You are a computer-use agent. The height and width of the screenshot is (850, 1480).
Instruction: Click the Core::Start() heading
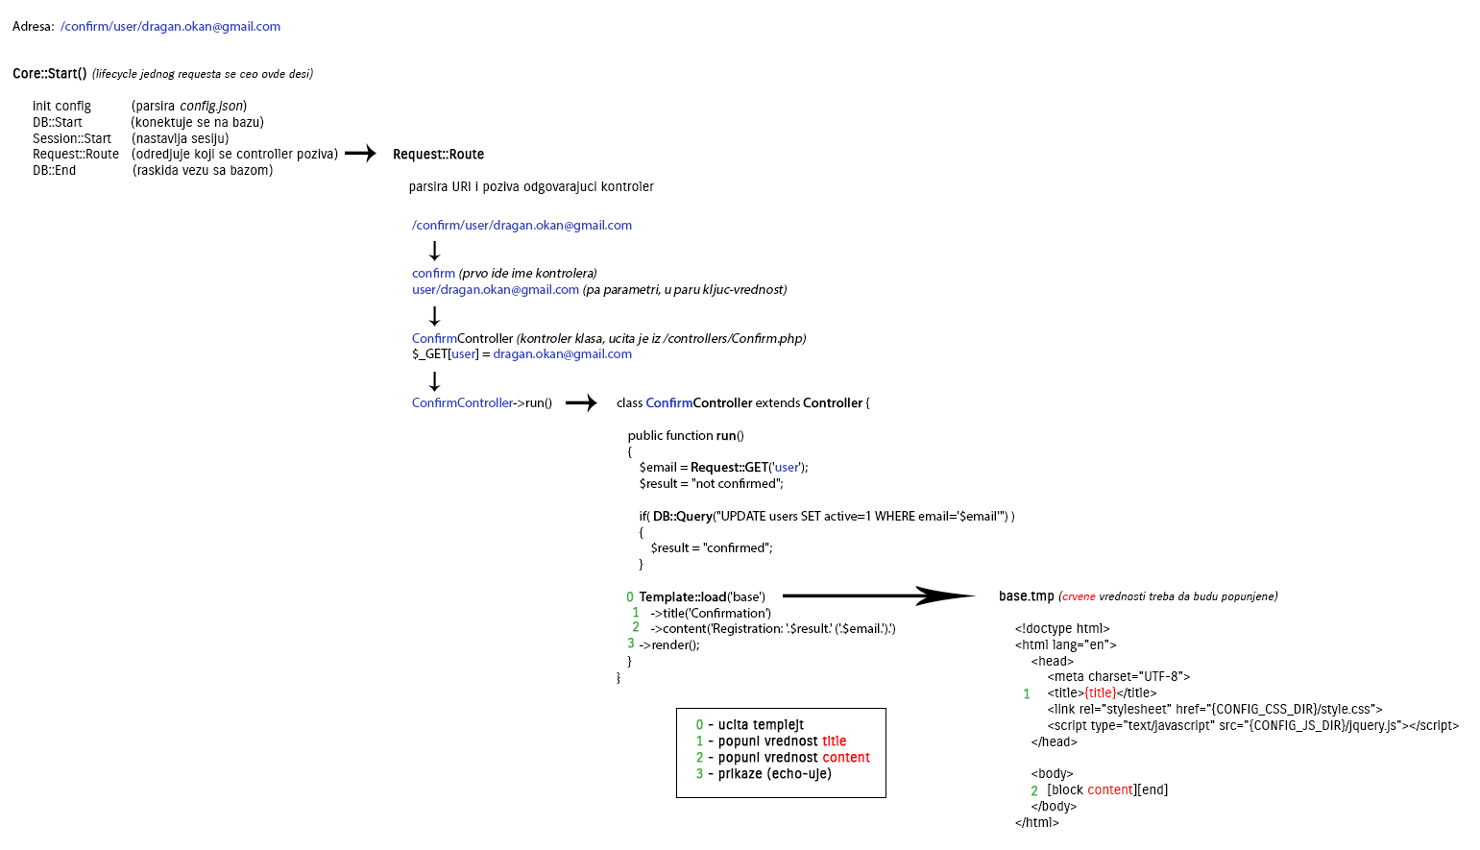[50, 74]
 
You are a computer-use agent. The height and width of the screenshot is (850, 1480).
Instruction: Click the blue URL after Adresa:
[170, 27]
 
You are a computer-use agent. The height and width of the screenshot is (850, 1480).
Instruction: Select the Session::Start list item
[72, 138]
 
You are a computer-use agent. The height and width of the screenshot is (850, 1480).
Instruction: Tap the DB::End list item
[54, 171]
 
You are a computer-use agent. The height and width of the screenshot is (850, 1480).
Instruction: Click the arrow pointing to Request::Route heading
[360, 154]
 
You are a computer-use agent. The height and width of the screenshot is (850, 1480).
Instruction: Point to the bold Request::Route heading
[438, 155]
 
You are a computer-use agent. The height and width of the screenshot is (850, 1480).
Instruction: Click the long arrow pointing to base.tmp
[878, 596]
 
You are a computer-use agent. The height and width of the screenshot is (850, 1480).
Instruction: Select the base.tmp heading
[1026, 596]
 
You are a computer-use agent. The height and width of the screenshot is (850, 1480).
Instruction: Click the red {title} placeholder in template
[1100, 693]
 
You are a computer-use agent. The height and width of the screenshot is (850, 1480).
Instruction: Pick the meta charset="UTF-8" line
[1118, 677]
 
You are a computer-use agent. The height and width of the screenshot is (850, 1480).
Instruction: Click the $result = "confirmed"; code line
[711, 548]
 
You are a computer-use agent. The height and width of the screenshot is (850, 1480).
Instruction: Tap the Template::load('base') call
[702, 597]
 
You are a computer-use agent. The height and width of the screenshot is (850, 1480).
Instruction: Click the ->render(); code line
[669, 645]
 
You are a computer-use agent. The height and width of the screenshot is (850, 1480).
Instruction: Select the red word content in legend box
[845, 758]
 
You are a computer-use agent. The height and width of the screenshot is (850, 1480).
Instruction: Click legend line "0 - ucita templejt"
[750, 725]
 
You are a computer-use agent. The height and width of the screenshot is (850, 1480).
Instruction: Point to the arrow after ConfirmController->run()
[581, 403]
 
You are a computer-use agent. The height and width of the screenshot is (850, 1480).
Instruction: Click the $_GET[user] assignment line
[522, 354]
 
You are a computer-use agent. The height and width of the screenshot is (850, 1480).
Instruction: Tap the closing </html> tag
[1036, 823]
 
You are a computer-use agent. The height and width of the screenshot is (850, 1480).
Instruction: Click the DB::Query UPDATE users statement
[826, 517]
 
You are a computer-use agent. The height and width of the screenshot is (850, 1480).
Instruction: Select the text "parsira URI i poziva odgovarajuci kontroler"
[531, 187]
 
